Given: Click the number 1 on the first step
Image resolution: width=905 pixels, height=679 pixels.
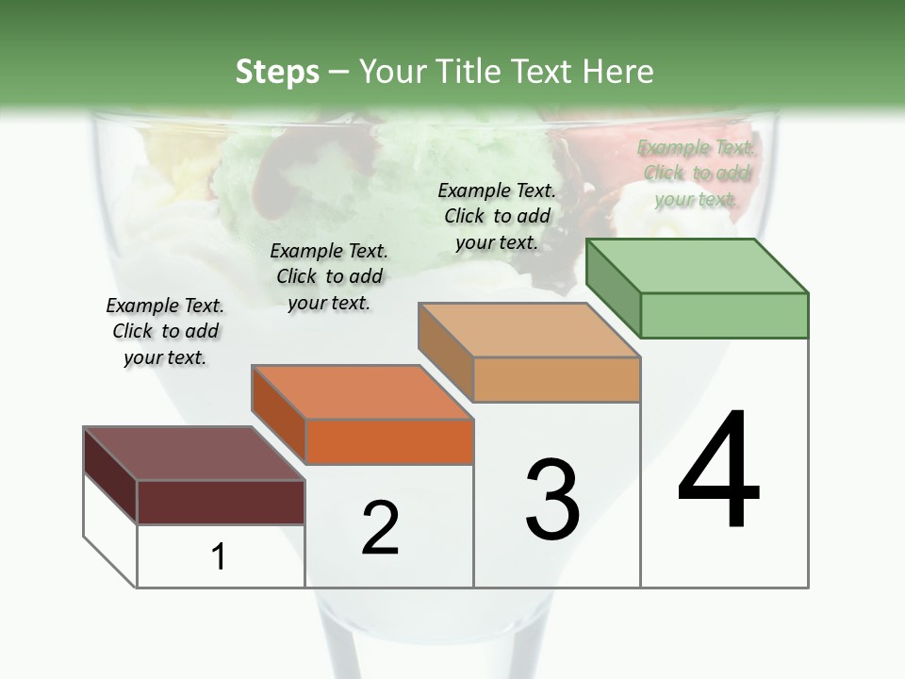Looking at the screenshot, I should pos(219,557).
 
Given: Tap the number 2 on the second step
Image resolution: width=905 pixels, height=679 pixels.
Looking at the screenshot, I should pos(380,528).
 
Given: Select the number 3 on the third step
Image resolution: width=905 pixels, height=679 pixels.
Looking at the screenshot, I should pos(552,500).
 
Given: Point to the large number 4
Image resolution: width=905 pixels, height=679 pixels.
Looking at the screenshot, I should pos(718,471).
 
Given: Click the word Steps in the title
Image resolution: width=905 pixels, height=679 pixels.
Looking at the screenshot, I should pos(277,72).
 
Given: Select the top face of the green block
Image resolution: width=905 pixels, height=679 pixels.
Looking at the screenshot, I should pos(698,265).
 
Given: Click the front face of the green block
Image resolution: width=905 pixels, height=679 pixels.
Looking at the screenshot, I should pos(724,315).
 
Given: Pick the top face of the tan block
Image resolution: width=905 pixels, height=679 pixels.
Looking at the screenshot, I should pos(529,330).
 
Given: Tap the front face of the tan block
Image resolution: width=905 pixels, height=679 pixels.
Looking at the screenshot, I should pos(556,380).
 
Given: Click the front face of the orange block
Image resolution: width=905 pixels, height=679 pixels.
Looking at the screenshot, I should pos(389,441).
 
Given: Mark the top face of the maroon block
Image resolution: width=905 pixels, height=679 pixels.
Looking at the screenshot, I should pos(194,454).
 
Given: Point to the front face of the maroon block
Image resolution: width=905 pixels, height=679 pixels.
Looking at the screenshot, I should pos(221,502).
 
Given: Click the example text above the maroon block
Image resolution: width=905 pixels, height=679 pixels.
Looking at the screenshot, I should pos(165,331).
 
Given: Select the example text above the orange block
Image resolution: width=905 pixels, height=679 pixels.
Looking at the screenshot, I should pos(329,276).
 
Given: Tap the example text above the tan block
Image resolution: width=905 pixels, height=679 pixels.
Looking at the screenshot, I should pos(497,216).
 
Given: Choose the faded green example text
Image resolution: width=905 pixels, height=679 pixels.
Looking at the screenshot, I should pos(697,173).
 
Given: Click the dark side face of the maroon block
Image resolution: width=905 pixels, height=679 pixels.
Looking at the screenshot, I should pos(110,474).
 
